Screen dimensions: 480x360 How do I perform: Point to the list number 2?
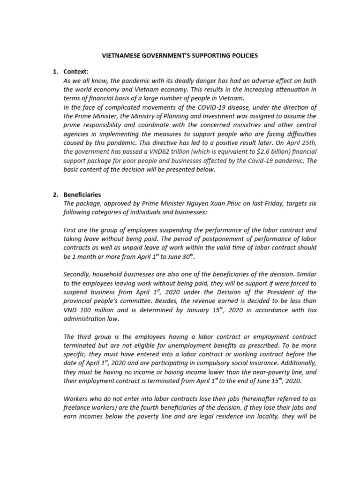55,195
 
